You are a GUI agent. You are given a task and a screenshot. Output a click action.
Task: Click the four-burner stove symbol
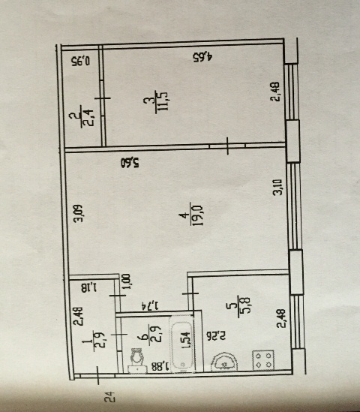tap(263, 360)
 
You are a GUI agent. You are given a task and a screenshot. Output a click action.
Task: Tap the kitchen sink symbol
tap(224, 362)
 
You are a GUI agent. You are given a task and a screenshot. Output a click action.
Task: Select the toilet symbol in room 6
tap(137, 360)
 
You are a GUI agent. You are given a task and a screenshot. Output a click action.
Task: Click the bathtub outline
tap(182, 344)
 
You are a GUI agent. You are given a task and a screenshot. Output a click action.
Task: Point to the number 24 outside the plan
tap(109, 397)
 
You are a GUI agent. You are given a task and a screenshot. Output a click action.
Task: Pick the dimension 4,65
tap(202, 57)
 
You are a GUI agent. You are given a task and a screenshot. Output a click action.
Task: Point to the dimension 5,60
tap(130, 163)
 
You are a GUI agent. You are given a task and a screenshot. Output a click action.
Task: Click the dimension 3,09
tap(78, 213)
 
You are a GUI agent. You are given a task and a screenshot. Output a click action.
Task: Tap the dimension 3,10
tap(277, 187)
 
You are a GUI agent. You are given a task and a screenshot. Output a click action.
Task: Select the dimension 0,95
tap(80, 62)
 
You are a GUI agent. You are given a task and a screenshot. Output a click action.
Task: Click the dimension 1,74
tap(150, 305)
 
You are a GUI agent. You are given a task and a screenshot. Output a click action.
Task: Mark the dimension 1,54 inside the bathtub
tap(186, 340)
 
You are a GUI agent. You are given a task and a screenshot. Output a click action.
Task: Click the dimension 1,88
tap(160, 366)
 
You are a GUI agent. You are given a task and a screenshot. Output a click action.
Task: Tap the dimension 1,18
tap(88, 287)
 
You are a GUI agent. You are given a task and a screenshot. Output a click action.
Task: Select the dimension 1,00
tap(126, 281)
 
